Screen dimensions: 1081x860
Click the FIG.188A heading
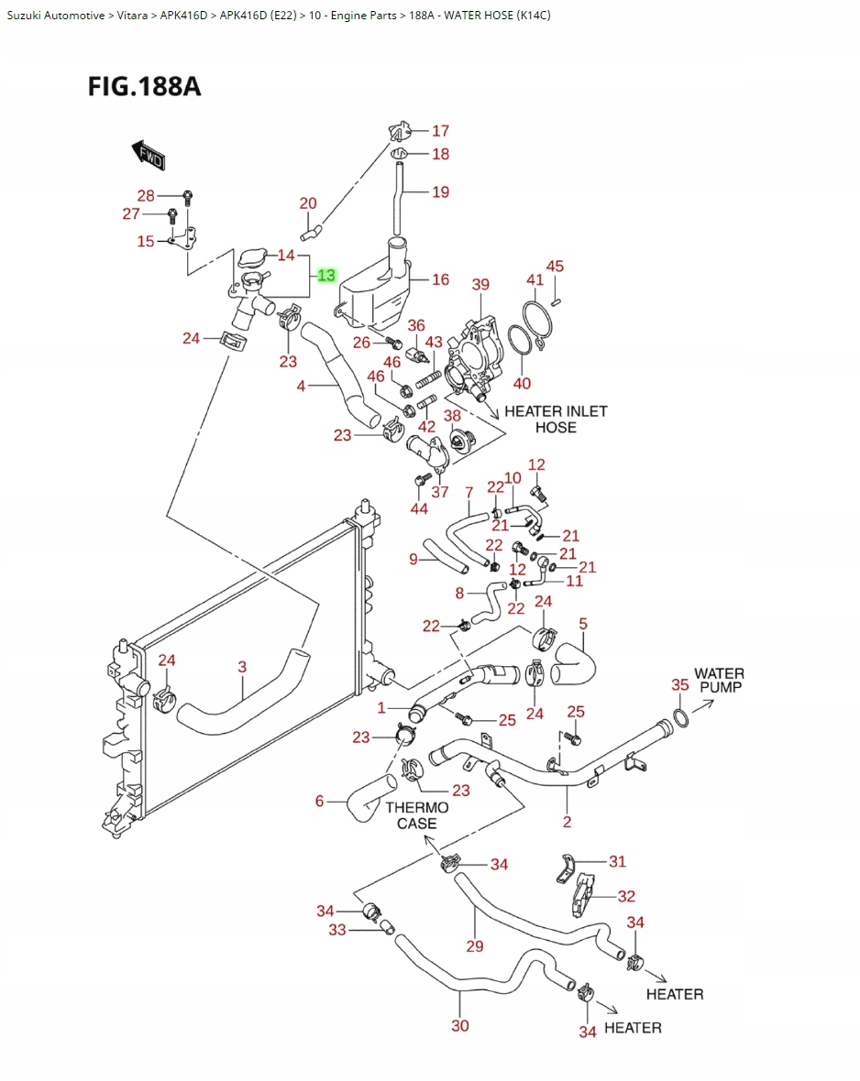click(x=144, y=87)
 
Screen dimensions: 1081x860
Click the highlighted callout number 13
click(x=327, y=275)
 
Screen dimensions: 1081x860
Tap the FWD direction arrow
click(x=148, y=155)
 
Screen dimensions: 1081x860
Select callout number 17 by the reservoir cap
click(x=441, y=131)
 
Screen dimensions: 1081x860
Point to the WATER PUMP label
click(x=719, y=680)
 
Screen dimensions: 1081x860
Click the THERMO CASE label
click(x=417, y=815)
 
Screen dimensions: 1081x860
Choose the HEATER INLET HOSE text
click(x=556, y=419)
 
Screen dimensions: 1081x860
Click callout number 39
click(x=481, y=285)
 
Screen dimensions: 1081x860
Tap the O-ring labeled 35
click(x=681, y=717)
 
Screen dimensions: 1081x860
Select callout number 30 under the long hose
click(x=460, y=1026)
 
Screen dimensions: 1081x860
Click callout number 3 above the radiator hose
click(x=242, y=667)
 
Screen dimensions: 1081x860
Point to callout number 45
click(x=555, y=267)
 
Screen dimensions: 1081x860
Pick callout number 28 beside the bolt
click(x=147, y=195)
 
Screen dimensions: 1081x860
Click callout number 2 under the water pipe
click(x=567, y=822)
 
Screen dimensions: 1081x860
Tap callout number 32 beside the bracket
click(x=626, y=896)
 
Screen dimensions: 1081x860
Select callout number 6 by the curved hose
click(x=320, y=802)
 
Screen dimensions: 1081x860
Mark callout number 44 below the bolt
click(x=419, y=508)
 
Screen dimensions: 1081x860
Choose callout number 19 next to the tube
click(x=441, y=191)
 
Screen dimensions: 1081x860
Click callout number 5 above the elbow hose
click(x=583, y=625)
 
